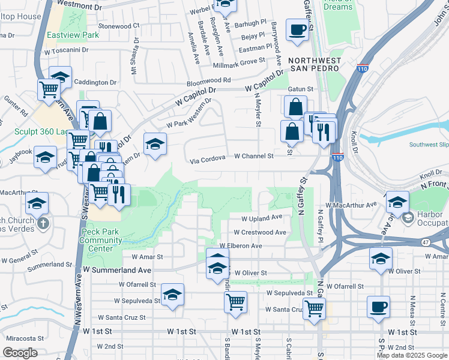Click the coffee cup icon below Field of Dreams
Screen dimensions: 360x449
[297, 29]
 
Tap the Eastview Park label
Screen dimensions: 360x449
[73, 35]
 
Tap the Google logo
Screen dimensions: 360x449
[20, 353]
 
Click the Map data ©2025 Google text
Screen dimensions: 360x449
[412, 355]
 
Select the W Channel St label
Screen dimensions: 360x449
[253, 156]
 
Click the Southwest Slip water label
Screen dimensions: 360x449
[428, 145]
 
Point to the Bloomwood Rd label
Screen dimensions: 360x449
[209, 80]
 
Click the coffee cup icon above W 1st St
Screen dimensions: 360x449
[378, 307]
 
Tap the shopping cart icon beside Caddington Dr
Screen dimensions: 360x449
[49, 90]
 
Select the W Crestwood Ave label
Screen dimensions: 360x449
[260, 232]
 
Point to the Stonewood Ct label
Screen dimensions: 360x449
[119, 26]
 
